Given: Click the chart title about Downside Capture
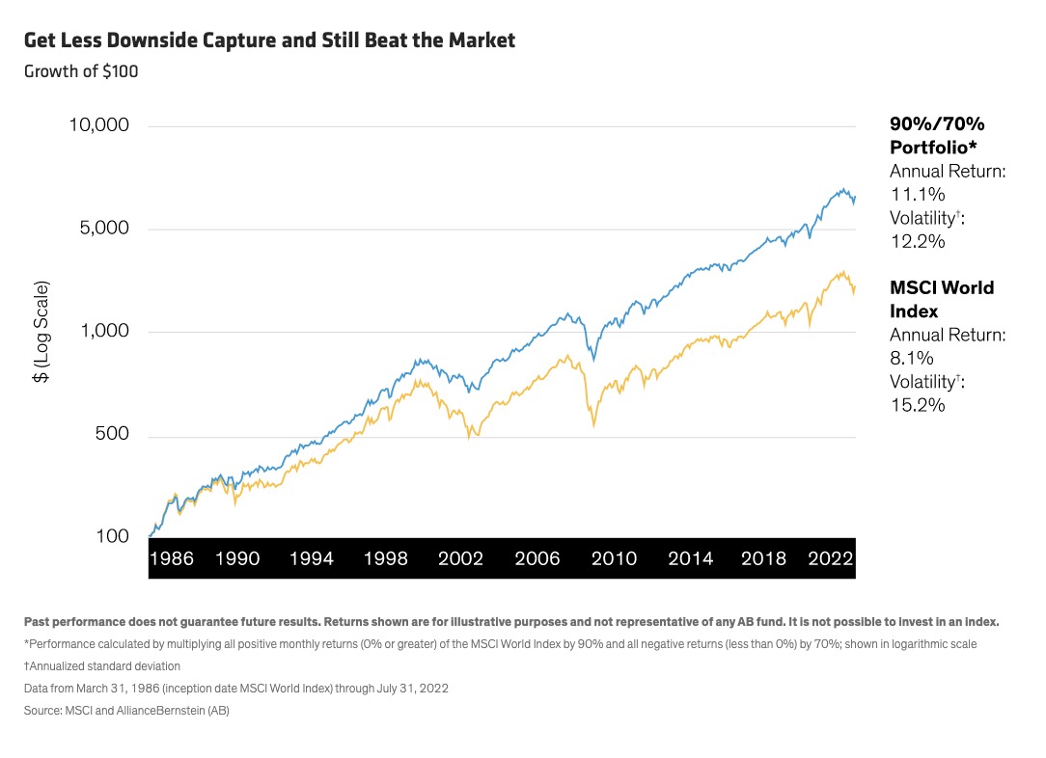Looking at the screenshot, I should click(x=269, y=41).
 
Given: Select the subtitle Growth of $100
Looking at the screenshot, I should click(x=81, y=71).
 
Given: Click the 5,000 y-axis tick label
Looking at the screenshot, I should click(x=106, y=230).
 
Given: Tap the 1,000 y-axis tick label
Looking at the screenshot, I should click(x=106, y=332).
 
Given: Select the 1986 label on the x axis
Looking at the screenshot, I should click(x=172, y=558).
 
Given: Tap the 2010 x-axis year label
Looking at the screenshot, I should click(x=614, y=558).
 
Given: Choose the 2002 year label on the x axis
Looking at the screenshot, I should click(x=459, y=558).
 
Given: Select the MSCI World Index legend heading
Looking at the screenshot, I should click(x=942, y=299).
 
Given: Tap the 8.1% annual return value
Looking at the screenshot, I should click(x=909, y=359).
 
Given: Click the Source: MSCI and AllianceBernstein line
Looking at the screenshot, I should click(x=126, y=711).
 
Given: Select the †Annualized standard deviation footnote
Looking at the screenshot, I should click(x=102, y=666).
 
